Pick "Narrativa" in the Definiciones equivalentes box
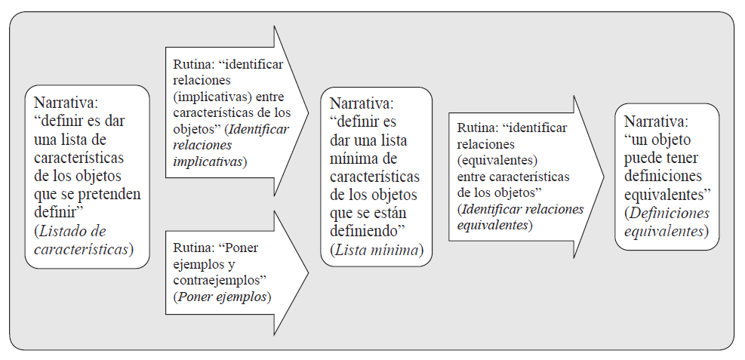coord(655,122)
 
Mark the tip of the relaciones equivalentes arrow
coord(605,177)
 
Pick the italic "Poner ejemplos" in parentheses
coord(221,297)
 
